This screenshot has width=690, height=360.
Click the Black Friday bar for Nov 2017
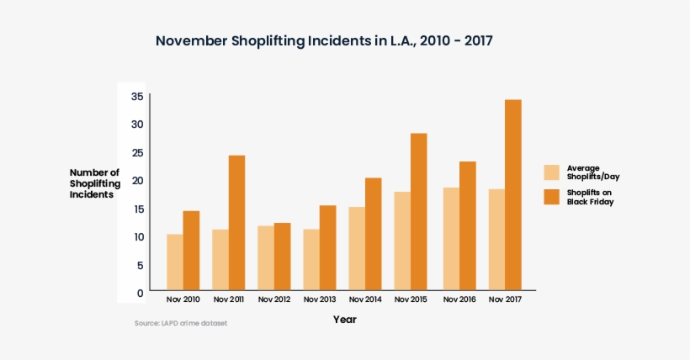click(x=512, y=195)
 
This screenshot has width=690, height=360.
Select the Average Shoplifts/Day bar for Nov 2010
click(x=174, y=262)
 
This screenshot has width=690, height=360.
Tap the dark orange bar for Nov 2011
click(x=236, y=223)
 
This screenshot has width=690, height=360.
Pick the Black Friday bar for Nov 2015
click(x=418, y=212)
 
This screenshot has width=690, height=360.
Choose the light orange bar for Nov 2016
click(x=451, y=239)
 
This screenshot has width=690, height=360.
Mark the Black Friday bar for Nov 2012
click(x=282, y=257)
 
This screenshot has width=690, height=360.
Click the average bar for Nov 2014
click(x=357, y=248)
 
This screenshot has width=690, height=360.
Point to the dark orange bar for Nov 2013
click(x=327, y=248)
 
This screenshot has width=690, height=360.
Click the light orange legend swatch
click(x=552, y=172)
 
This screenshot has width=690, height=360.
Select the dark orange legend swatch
click(x=552, y=197)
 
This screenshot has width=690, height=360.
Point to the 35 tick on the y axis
click(x=136, y=96)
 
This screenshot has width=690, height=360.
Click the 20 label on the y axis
click(x=136, y=180)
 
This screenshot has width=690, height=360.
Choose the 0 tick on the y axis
click(x=139, y=293)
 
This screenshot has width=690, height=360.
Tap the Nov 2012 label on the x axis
click(x=274, y=300)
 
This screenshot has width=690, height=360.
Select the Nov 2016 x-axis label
click(x=459, y=300)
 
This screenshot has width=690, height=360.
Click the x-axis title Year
click(x=344, y=320)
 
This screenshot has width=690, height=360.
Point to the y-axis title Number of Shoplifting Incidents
click(x=94, y=183)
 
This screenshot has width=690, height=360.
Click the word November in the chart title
click(x=191, y=41)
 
